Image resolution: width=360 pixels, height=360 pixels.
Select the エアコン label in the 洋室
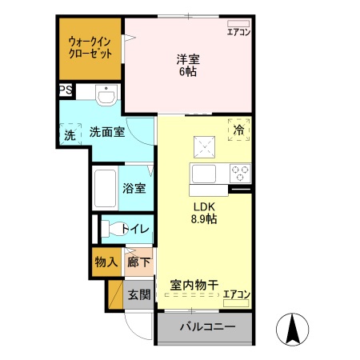(238, 33)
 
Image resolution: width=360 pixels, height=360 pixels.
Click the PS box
(64, 91)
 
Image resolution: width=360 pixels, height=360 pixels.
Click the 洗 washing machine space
(69, 134)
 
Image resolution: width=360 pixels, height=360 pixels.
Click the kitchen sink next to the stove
(203, 173)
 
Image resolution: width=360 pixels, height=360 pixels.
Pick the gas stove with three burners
(240, 172)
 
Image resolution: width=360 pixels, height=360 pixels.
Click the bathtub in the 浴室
(105, 189)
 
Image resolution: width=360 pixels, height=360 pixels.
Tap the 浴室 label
(134, 189)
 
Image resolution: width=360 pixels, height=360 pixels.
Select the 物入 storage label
(106, 262)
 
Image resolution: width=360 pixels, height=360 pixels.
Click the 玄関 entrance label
(139, 294)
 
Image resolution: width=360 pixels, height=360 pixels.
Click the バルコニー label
(206, 327)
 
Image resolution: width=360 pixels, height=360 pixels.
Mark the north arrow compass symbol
(293, 329)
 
